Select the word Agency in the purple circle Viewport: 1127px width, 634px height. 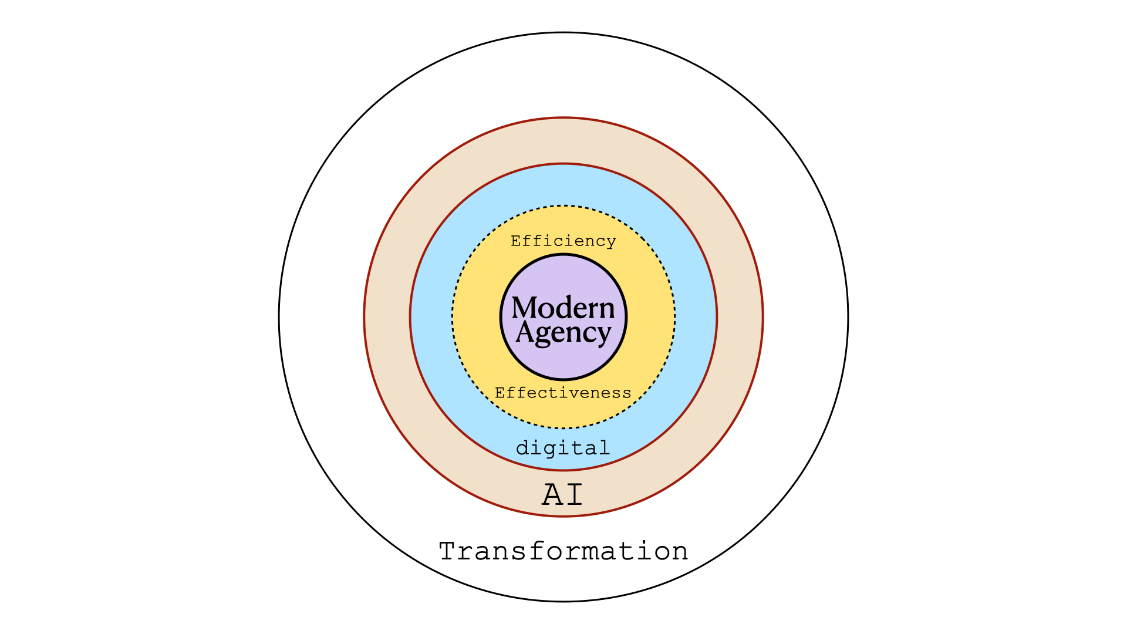(563, 333)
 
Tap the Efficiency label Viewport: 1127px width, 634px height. (563, 241)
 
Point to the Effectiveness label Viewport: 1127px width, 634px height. (563, 393)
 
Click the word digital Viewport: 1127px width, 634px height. (563, 448)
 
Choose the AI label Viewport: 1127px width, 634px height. (563, 494)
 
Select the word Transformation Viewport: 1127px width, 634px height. (563, 551)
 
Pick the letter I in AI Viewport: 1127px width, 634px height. (573, 494)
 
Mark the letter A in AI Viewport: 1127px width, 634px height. (552, 494)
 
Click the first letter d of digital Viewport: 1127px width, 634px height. (523, 448)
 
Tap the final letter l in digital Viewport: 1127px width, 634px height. (605, 447)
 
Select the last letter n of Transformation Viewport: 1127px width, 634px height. (680, 554)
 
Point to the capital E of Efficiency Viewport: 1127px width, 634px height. (517, 241)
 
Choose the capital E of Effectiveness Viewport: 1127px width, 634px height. (501, 393)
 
